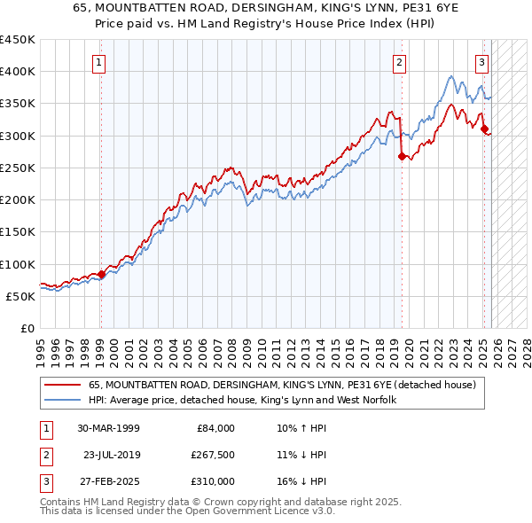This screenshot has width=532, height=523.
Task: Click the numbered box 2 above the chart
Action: point(400,62)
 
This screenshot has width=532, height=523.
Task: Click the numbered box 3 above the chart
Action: point(481,62)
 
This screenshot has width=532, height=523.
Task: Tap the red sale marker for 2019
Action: point(402,157)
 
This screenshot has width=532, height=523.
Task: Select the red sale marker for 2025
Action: point(484,129)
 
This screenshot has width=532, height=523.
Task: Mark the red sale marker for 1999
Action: point(101,275)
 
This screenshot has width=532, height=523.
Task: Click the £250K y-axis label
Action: point(18,168)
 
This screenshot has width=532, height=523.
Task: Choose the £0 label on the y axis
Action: point(27,328)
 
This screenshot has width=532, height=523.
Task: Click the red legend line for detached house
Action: point(63,385)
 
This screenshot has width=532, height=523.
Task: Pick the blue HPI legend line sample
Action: point(63,400)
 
